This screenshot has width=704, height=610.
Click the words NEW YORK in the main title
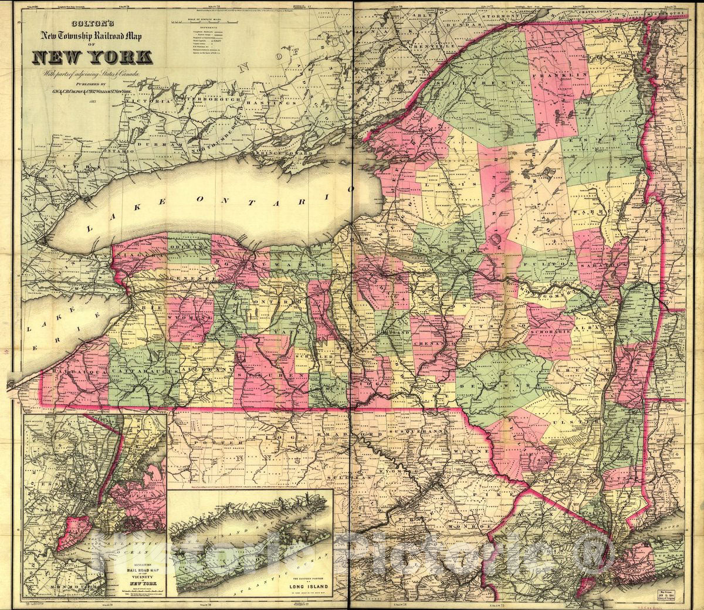point(93,57)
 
